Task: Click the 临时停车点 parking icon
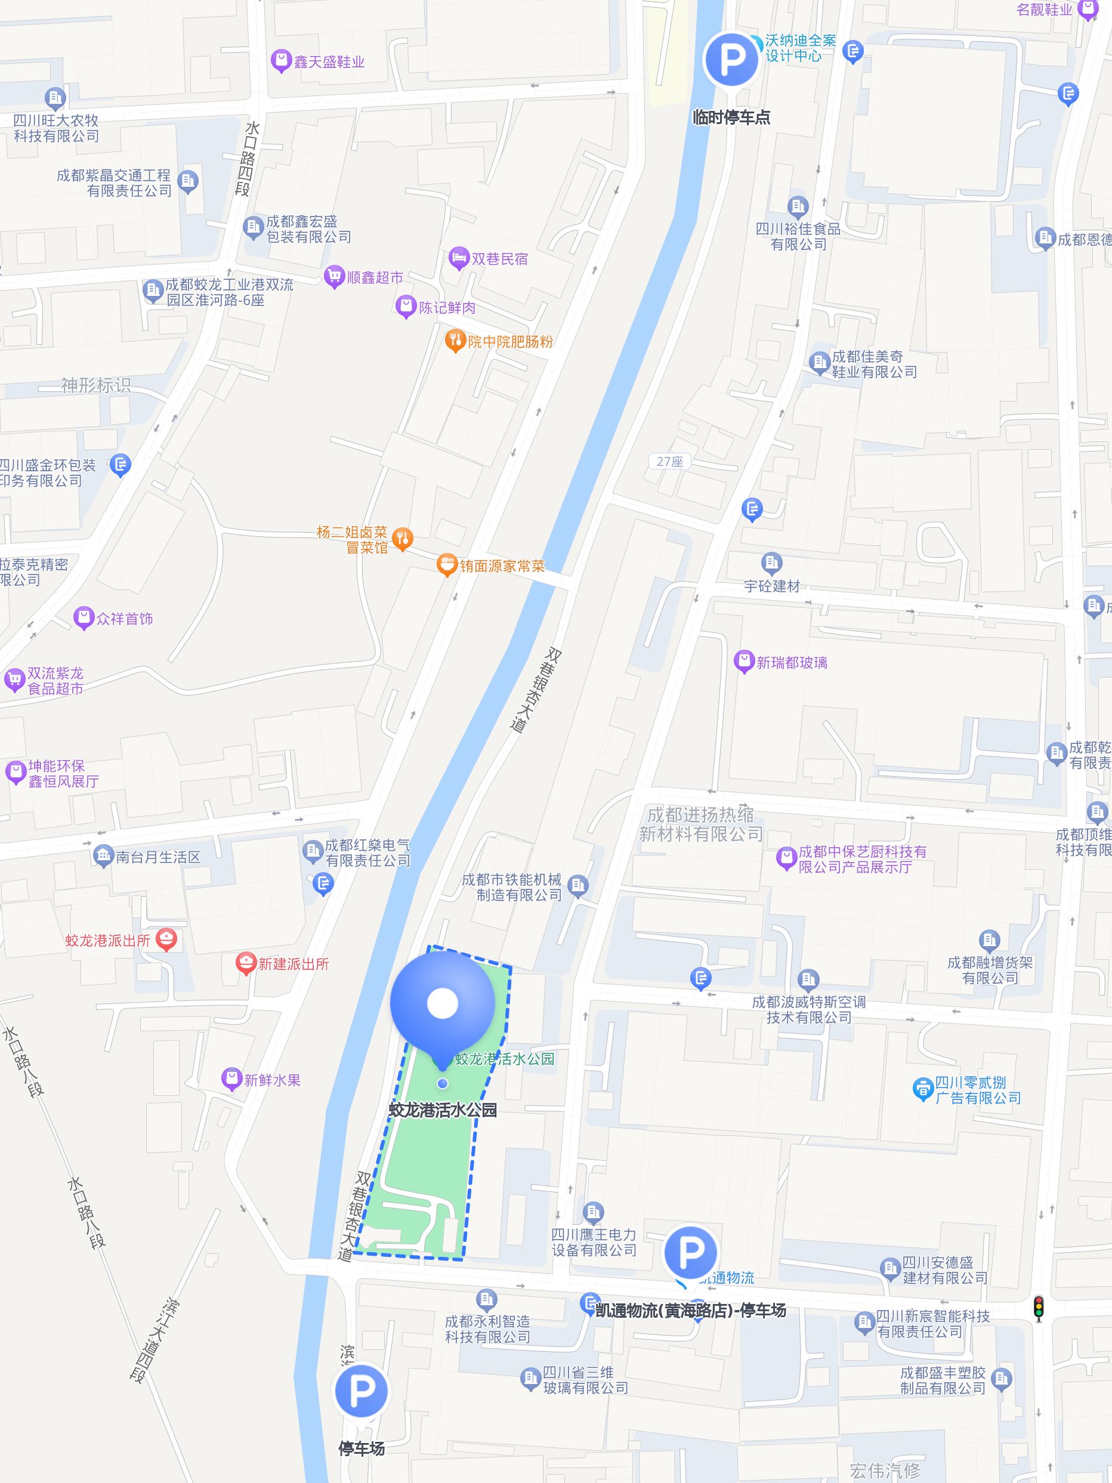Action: click(x=731, y=60)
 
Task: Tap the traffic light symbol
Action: click(x=1038, y=1308)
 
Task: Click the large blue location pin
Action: click(x=443, y=1006)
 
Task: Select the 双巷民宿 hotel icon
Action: click(x=459, y=258)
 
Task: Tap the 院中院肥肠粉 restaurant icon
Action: click(x=455, y=341)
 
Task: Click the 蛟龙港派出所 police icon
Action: click(x=166, y=940)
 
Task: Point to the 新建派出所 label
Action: click(x=294, y=964)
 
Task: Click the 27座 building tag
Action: click(x=669, y=461)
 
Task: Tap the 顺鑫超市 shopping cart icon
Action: click(x=333, y=276)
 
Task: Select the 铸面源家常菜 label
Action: click(x=502, y=566)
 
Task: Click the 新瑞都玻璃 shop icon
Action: click(x=743, y=662)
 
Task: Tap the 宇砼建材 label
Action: click(x=772, y=586)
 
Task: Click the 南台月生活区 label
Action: click(x=158, y=857)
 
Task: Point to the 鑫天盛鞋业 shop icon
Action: click(x=281, y=61)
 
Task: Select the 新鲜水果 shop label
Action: click(x=272, y=1080)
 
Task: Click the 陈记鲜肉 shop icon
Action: click(x=406, y=307)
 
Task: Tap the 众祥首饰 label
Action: click(x=125, y=618)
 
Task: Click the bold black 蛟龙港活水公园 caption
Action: click(x=443, y=1110)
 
